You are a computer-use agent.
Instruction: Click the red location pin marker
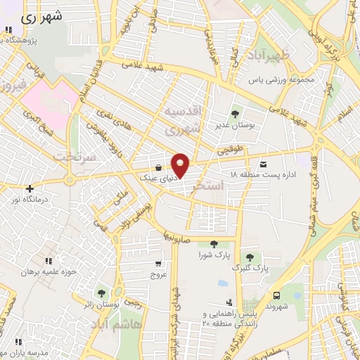[x=181, y=165]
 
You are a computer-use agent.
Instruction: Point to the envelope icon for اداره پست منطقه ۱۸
[x=263, y=161]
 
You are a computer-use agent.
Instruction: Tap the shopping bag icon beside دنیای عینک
[x=160, y=167]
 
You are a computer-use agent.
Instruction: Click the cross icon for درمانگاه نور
[x=29, y=188]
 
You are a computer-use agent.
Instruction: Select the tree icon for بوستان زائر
[x=103, y=292]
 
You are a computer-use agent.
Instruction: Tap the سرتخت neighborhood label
[x=75, y=156]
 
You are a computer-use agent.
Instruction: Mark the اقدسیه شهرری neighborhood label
[x=182, y=120]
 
